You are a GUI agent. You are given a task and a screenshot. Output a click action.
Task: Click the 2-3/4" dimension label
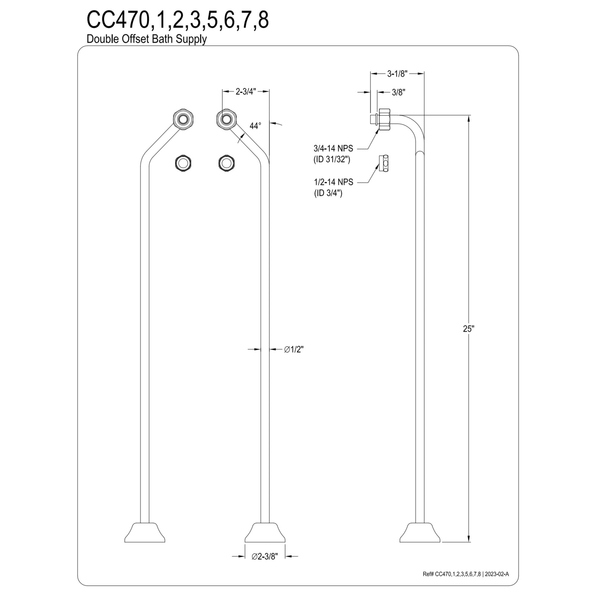coord(246,91)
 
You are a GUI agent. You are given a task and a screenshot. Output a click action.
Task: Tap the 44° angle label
coord(255,126)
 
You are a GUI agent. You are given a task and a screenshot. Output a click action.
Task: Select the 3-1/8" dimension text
coord(397,74)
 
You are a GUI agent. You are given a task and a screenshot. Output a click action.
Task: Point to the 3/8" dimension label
coord(398,92)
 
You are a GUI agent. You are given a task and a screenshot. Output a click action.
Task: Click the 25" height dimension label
coord(468,329)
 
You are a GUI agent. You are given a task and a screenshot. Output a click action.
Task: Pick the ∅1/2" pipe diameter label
coord(294,349)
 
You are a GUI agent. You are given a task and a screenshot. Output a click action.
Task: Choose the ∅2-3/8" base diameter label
coord(265,565)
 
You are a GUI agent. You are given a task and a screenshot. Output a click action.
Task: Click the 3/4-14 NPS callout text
coord(333,148)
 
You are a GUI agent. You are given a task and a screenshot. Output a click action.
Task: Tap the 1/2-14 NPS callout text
coord(333,182)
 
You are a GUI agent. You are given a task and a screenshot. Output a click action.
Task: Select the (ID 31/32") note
coord(332,160)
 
